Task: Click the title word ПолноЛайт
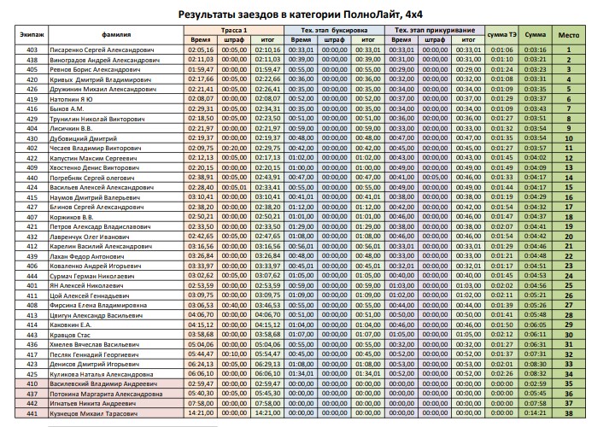(378, 15)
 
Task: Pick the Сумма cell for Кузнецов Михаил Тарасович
(535, 413)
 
